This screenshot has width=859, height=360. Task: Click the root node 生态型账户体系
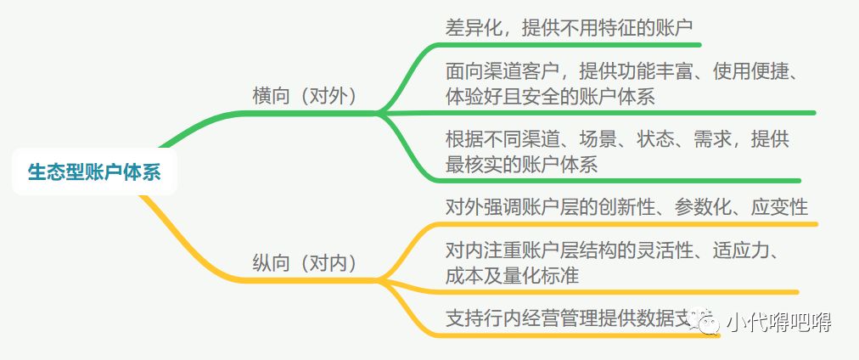click(x=93, y=172)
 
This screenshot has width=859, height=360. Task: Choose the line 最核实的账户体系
click(x=522, y=164)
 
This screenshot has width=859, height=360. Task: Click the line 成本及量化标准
click(x=513, y=275)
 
